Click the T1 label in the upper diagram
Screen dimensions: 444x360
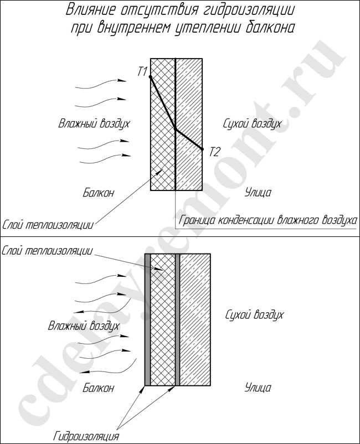point(143,71)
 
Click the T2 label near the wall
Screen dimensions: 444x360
point(214,151)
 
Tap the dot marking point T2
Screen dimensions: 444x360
point(202,149)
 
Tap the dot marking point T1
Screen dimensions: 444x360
point(151,76)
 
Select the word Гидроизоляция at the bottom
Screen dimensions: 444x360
point(87,435)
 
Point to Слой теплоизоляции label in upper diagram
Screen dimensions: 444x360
point(48,224)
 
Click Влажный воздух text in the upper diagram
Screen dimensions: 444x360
point(94,123)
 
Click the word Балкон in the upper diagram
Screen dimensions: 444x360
point(99,193)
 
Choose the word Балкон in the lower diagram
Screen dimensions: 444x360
point(98,388)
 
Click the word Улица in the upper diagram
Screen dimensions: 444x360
point(258,193)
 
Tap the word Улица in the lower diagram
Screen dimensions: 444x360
point(258,388)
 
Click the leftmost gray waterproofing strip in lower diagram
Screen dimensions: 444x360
point(147,319)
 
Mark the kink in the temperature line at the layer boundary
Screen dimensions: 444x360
point(176,129)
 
